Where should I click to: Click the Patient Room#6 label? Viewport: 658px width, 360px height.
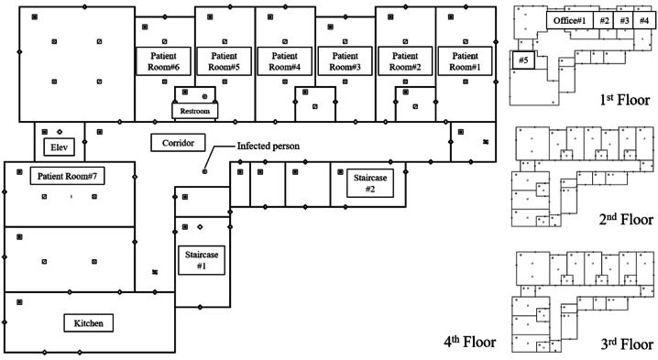[x=163, y=61]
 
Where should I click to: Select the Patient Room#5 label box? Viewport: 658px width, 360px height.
[x=225, y=61]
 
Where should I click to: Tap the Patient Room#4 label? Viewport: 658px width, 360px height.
[x=284, y=61]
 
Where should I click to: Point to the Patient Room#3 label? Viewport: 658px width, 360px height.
[x=345, y=61]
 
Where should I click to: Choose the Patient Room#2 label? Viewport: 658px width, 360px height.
[x=405, y=61]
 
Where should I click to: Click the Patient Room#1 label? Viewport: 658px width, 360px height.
[x=465, y=61]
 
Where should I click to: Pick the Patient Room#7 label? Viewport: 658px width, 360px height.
[x=67, y=176]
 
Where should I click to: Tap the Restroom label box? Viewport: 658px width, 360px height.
[x=194, y=111]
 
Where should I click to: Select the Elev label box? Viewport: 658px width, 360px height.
[x=60, y=147]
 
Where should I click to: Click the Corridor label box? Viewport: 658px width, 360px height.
[x=178, y=143]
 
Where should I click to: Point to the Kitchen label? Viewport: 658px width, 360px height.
[x=89, y=323]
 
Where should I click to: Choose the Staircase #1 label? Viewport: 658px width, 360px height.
[x=202, y=260]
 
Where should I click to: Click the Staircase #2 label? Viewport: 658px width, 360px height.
[x=369, y=183]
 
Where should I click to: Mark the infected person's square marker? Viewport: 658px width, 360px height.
[x=204, y=171]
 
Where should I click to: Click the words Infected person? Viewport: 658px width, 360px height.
[x=269, y=146]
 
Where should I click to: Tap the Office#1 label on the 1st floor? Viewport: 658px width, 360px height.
[x=569, y=20]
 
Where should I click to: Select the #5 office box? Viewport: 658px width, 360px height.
[x=523, y=60]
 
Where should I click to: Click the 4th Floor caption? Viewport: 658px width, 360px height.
[x=470, y=342]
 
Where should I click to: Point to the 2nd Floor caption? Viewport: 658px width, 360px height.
[x=626, y=219]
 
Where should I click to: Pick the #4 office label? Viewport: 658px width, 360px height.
[x=644, y=20]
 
